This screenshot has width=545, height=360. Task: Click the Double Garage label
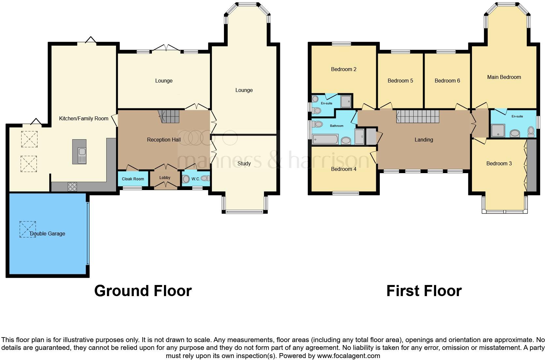[47, 233]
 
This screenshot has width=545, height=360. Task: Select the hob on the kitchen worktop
[72, 186]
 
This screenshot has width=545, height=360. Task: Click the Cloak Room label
[133, 179]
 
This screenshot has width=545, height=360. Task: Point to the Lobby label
[165, 178]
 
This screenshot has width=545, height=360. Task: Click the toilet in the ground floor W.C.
[186, 179]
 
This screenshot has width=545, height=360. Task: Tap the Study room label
[244, 163]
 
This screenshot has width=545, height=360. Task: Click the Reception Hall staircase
[169, 116]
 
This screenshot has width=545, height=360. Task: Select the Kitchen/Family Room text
[83, 118]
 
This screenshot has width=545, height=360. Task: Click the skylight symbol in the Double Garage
[28, 229]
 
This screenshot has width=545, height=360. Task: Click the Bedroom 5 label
[400, 81]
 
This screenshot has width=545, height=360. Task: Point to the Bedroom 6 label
[447, 81]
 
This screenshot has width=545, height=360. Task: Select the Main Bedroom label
[504, 77]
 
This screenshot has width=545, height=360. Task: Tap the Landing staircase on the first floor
[418, 116]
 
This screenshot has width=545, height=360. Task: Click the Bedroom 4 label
[344, 169]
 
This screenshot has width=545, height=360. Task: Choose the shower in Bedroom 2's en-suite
[346, 101]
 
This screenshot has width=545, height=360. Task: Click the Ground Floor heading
[143, 291]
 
